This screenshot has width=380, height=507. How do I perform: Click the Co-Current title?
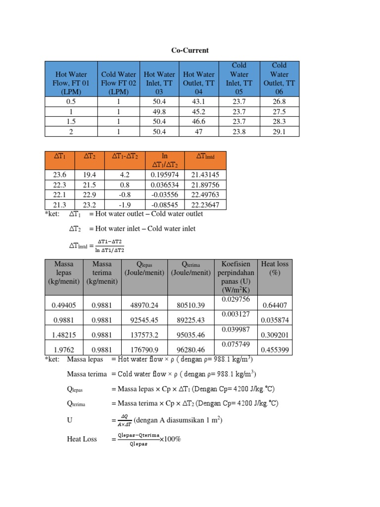190,51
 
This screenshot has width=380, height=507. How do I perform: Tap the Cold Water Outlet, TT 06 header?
280,79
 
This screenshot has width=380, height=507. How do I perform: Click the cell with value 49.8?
159,111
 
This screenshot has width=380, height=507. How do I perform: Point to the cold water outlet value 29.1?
280,131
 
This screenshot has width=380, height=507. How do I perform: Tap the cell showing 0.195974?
165,175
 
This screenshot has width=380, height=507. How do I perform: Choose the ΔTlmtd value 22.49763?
205,195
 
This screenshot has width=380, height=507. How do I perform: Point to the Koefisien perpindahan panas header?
237,277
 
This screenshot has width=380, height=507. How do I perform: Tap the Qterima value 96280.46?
190,350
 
